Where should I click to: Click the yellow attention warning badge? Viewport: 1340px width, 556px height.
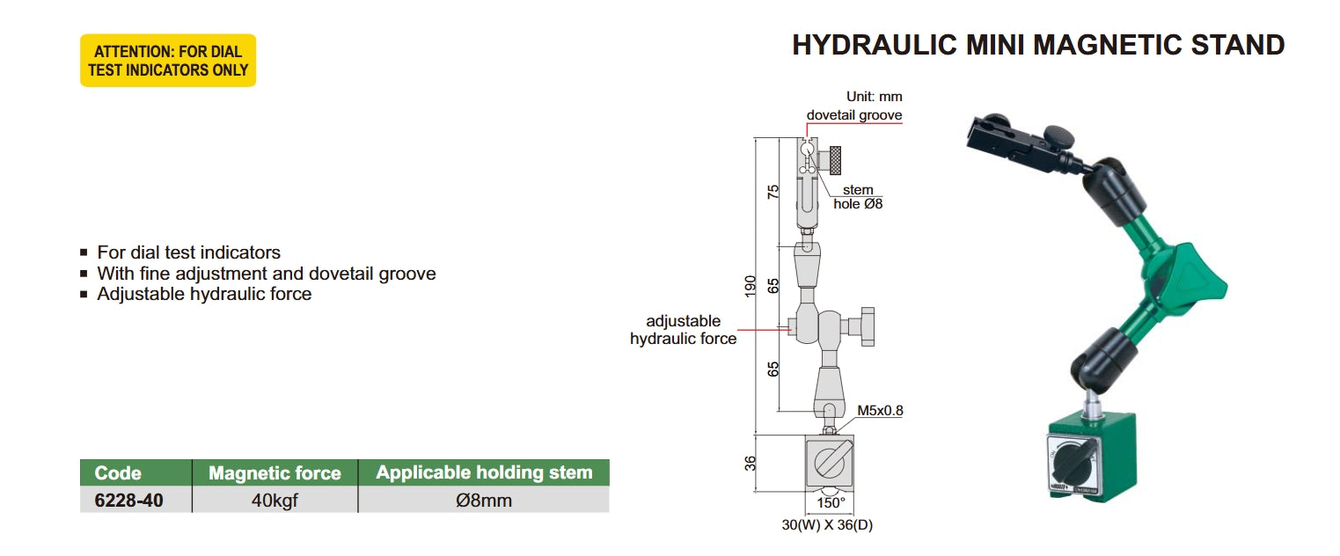(x=168, y=60)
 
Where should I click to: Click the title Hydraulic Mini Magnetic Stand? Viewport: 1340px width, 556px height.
(x=1038, y=45)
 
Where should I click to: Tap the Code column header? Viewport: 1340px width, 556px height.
(x=118, y=473)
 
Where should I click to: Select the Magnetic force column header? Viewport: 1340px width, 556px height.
(x=275, y=473)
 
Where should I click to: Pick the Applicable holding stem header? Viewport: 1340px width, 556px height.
(x=484, y=472)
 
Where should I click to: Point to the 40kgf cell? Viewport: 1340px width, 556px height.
(x=275, y=501)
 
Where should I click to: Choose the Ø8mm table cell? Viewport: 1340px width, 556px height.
(x=484, y=501)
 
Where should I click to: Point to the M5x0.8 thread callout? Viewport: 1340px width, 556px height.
(x=881, y=410)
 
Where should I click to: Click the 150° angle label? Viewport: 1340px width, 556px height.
(x=831, y=503)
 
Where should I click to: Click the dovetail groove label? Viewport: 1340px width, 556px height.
(x=854, y=115)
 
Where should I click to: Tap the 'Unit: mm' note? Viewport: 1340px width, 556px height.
(x=874, y=97)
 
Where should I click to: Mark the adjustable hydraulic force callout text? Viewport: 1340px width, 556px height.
(x=684, y=330)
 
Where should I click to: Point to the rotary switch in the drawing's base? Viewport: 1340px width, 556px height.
(x=829, y=462)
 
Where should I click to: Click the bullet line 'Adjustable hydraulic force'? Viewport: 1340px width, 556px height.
(x=204, y=295)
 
